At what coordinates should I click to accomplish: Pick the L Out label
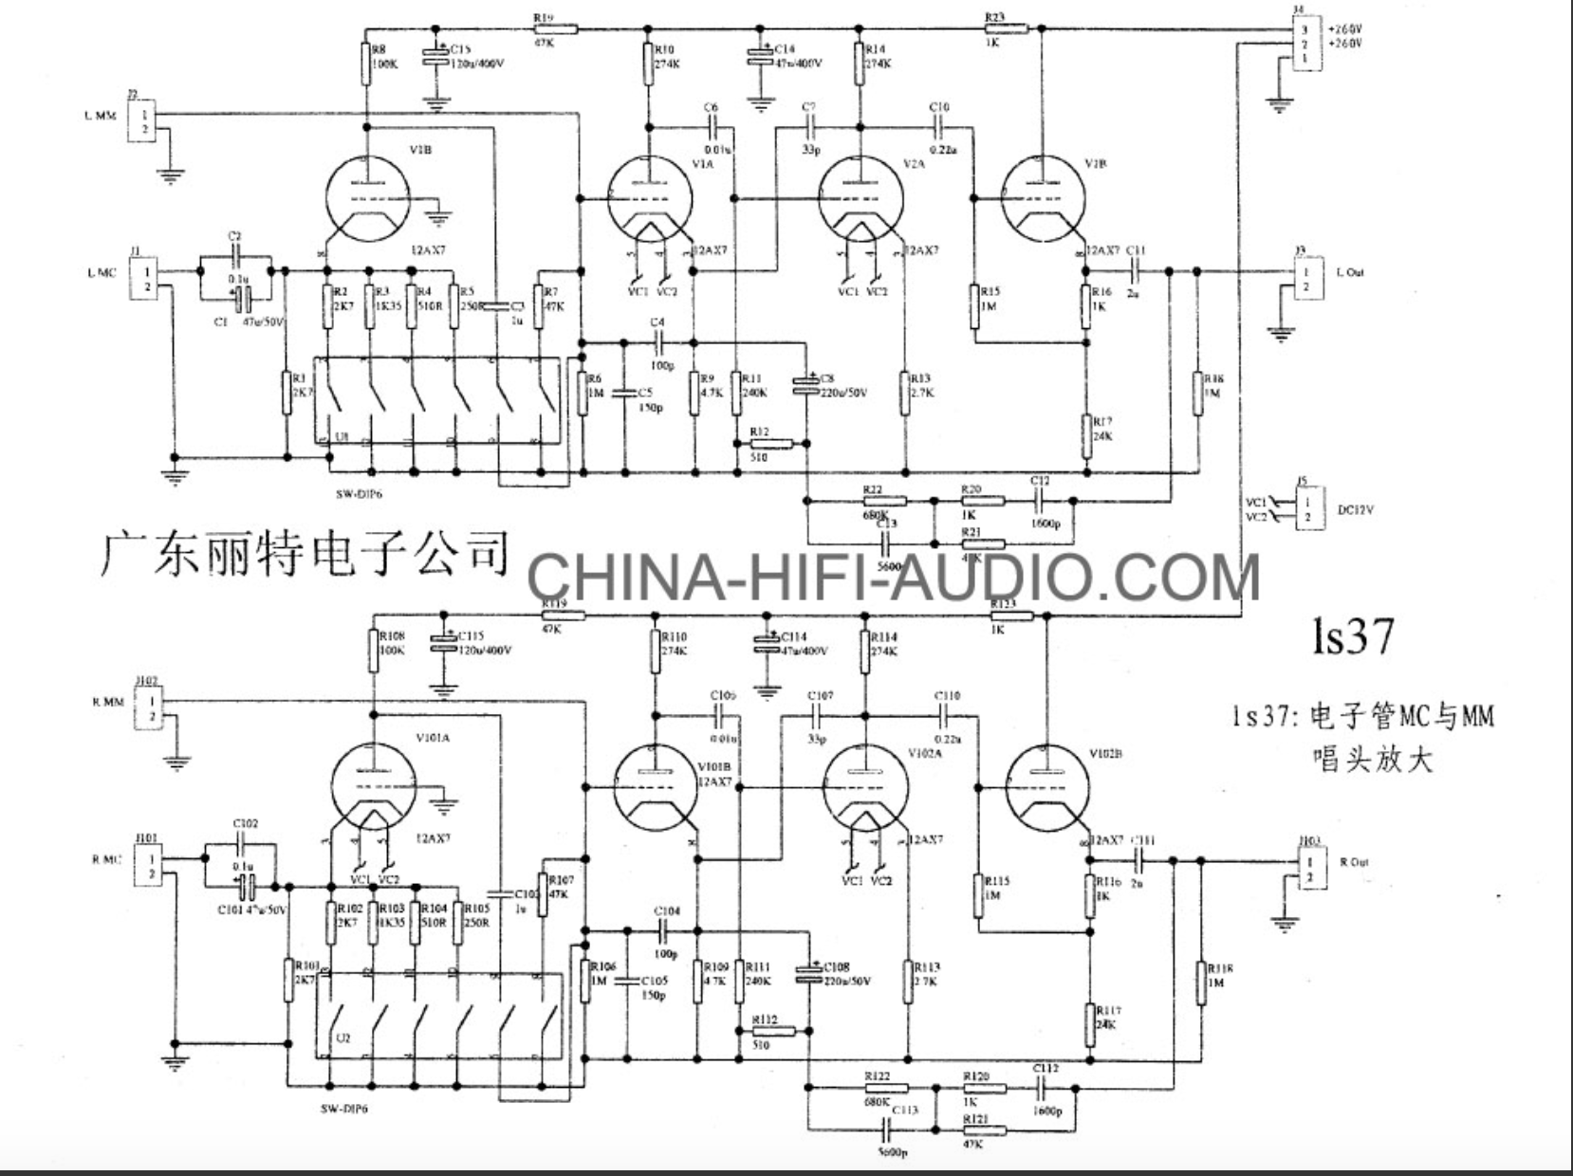coord(1350,273)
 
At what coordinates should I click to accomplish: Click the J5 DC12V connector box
coord(1305,508)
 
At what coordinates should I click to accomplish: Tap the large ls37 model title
coord(1353,637)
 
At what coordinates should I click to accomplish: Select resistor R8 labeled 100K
coord(365,64)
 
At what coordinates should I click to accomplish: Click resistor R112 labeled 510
coord(771,1032)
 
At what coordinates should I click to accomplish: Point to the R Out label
coord(1354,862)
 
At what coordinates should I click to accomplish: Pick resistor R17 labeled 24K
coord(1088,435)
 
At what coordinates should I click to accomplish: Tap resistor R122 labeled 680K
coord(885,1089)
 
